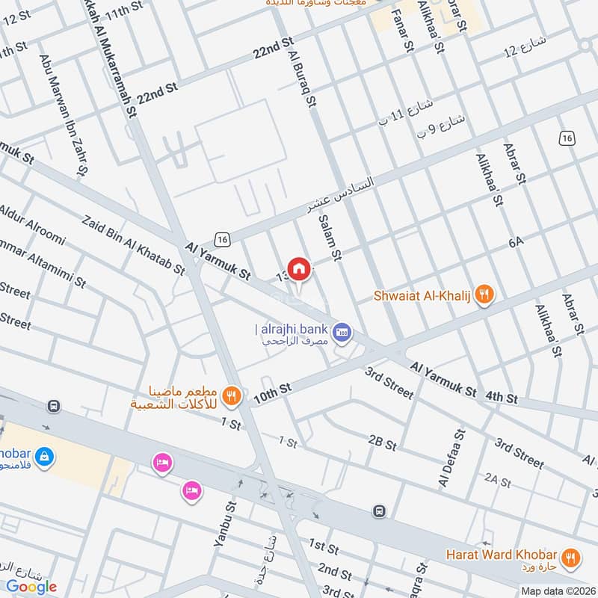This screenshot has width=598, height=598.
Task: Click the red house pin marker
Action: tap(298, 268)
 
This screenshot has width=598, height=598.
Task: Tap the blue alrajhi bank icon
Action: tap(343, 330)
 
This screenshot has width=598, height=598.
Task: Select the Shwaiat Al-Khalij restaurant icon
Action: tap(485, 295)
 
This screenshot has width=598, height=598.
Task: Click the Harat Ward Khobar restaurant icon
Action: tap(571, 555)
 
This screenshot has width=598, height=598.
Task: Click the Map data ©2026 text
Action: tap(558, 591)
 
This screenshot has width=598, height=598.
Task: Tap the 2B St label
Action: tap(382, 443)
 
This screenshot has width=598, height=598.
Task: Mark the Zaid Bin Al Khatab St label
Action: tap(134, 246)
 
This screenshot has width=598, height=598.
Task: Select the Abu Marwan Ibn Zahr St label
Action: tap(64, 117)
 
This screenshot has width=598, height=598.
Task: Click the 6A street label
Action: tap(516, 242)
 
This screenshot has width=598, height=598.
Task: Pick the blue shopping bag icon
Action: tap(44, 455)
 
